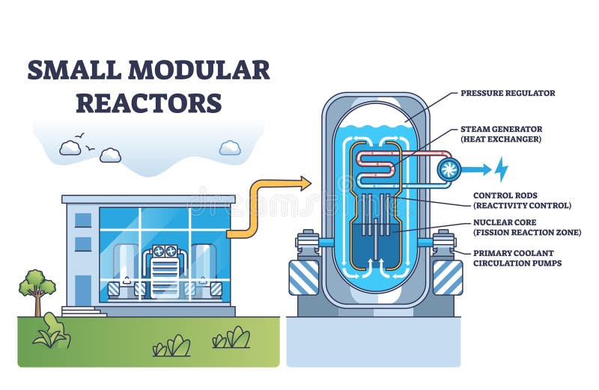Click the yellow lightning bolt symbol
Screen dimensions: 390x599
(499, 169)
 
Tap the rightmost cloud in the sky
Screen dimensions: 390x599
(230, 148)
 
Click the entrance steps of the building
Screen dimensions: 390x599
(83, 310)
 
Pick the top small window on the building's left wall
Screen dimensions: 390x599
(83, 220)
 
